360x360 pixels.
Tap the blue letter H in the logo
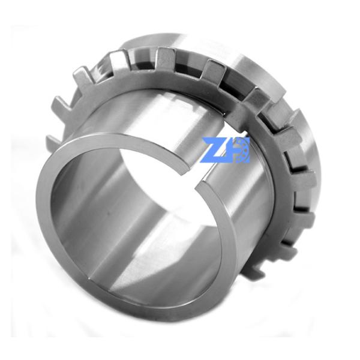click(x=229, y=149)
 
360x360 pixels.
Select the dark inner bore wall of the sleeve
click(x=108, y=204)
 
